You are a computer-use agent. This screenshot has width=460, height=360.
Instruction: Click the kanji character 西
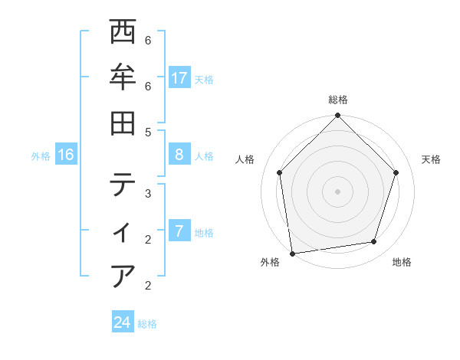click(x=123, y=33)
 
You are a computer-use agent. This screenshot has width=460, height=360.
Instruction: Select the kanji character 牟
click(x=123, y=78)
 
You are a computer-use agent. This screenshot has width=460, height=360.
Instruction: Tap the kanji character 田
click(x=123, y=123)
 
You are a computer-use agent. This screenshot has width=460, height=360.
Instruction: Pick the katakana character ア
click(x=123, y=275)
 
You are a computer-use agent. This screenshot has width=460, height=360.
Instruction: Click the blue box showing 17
click(x=179, y=77)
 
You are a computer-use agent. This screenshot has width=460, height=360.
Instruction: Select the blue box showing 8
click(x=179, y=155)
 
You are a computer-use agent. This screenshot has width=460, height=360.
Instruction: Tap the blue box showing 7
click(x=179, y=231)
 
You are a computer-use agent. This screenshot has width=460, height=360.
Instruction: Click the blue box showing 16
click(x=66, y=155)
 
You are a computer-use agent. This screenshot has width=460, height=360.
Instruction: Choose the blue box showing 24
click(x=123, y=322)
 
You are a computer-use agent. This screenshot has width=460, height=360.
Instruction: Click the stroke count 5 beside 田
click(x=148, y=132)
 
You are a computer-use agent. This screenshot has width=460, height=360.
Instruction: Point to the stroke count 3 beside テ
click(x=148, y=193)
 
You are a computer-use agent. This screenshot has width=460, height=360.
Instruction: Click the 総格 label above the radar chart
click(x=337, y=100)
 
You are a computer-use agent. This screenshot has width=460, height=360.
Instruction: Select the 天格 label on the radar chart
click(x=431, y=159)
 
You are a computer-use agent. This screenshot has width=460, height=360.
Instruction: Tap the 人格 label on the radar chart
click(x=245, y=159)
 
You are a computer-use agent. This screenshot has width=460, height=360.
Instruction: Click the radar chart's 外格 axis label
click(x=269, y=262)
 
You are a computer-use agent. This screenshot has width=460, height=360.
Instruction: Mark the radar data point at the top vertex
click(x=337, y=116)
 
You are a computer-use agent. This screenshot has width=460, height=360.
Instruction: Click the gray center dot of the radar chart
click(x=337, y=190)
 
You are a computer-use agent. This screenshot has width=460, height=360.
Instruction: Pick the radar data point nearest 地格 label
click(x=374, y=241)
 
